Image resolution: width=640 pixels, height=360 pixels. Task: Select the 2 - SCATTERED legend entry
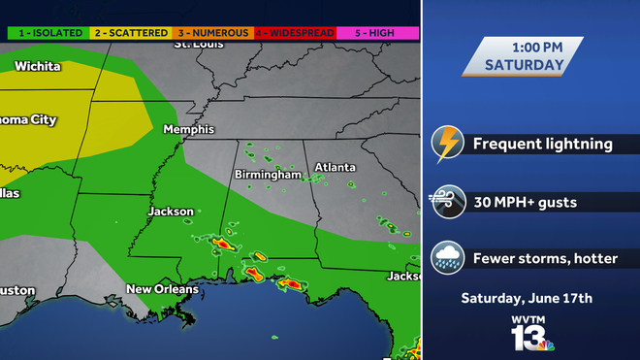pos(130,32)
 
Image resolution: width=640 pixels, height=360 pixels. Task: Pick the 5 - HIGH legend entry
pos(378,32)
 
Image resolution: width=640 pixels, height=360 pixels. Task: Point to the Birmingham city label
pos(267,175)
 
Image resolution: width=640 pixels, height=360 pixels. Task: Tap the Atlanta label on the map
pos(334,167)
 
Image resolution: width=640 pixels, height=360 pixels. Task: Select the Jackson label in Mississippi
pos(171,211)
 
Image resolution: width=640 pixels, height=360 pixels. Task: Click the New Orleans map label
pos(162,289)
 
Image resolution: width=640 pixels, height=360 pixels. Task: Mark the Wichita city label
pos(38,67)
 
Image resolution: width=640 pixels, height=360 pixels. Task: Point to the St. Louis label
pos(198,45)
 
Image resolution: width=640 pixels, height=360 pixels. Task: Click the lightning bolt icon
pos(448,145)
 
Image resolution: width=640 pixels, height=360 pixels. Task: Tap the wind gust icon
pos(448,202)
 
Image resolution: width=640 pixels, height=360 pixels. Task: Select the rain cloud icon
pos(448,259)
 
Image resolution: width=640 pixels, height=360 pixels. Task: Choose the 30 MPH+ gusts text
pos(525,202)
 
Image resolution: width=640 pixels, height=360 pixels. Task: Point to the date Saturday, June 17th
pos(527,298)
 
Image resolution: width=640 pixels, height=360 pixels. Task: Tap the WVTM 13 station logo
pos(529,333)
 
